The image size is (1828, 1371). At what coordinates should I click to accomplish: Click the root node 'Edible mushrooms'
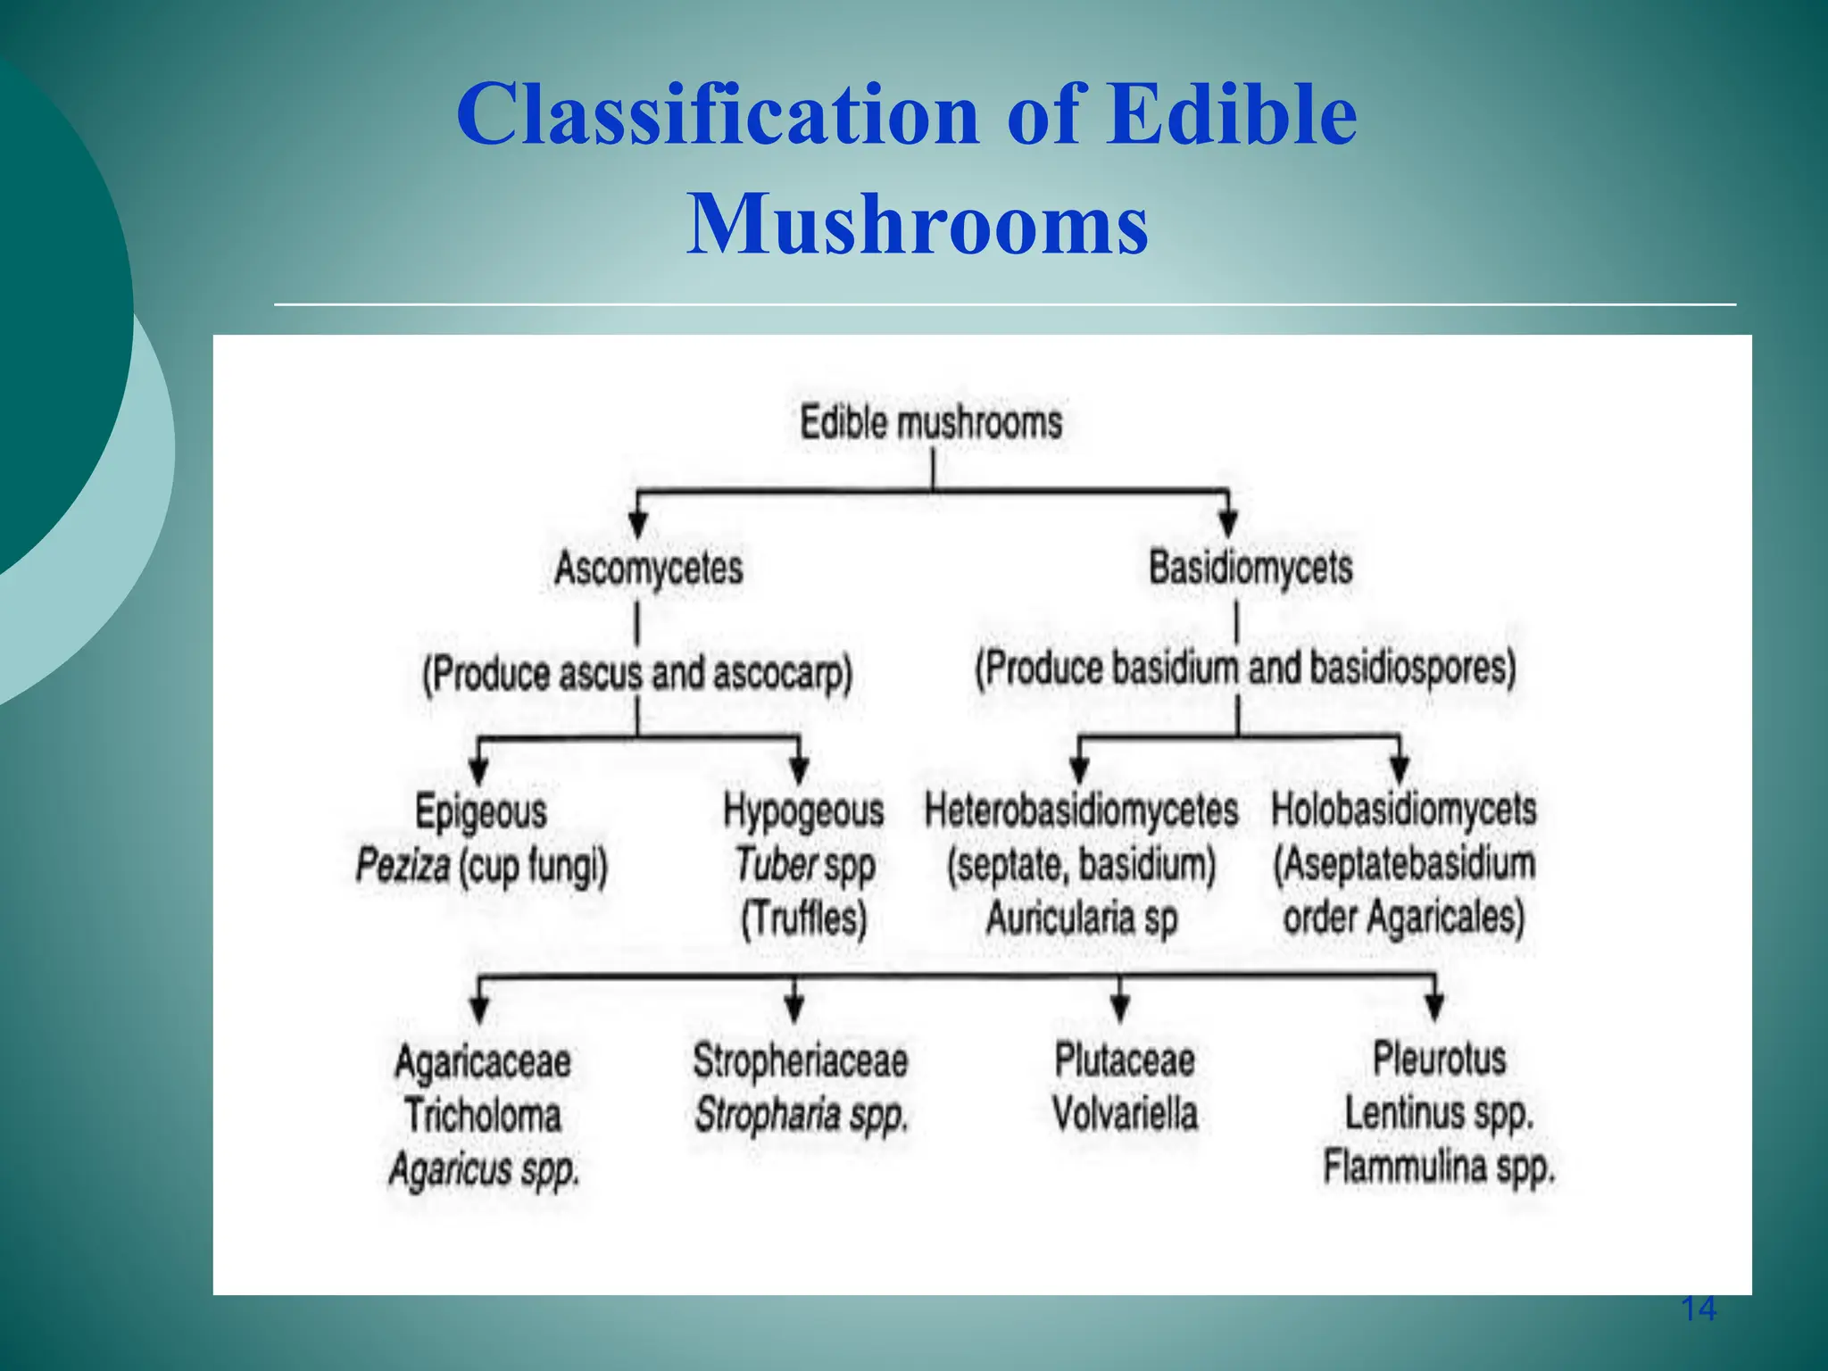click(x=931, y=422)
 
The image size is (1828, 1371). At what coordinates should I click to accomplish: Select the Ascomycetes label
click(x=649, y=568)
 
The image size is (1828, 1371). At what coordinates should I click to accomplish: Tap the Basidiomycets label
click(x=1251, y=568)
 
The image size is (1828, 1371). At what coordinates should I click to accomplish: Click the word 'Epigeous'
click(x=481, y=812)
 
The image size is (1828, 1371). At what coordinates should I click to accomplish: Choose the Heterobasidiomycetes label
click(x=1081, y=810)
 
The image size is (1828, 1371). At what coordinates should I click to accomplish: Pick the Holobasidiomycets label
click(x=1403, y=810)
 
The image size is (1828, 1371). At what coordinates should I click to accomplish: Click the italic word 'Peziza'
click(x=403, y=865)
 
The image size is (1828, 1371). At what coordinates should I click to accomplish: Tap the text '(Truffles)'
click(x=803, y=918)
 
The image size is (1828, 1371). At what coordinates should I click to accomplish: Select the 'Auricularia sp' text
click(x=1081, y=918)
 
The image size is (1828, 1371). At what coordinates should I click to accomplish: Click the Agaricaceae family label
click(x=483, y=1062)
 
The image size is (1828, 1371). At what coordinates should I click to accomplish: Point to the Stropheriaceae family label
click(x=800, y=1061)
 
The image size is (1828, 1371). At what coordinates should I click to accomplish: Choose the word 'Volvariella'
click(x=1125, y=1113)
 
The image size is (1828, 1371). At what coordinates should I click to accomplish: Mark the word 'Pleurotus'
click(x=1439, y=1059)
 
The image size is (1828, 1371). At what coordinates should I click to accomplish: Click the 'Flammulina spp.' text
click(x=1439, y=1167)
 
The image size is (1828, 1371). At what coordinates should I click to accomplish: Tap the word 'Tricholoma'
click(x=483, y=1116)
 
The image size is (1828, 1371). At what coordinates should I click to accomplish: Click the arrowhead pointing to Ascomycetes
click(x=637, y=524)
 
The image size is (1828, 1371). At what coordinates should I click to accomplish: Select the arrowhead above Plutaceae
click(x=1121, y=1008)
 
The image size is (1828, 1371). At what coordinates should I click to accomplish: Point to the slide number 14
click(x=1698, y=1309)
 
